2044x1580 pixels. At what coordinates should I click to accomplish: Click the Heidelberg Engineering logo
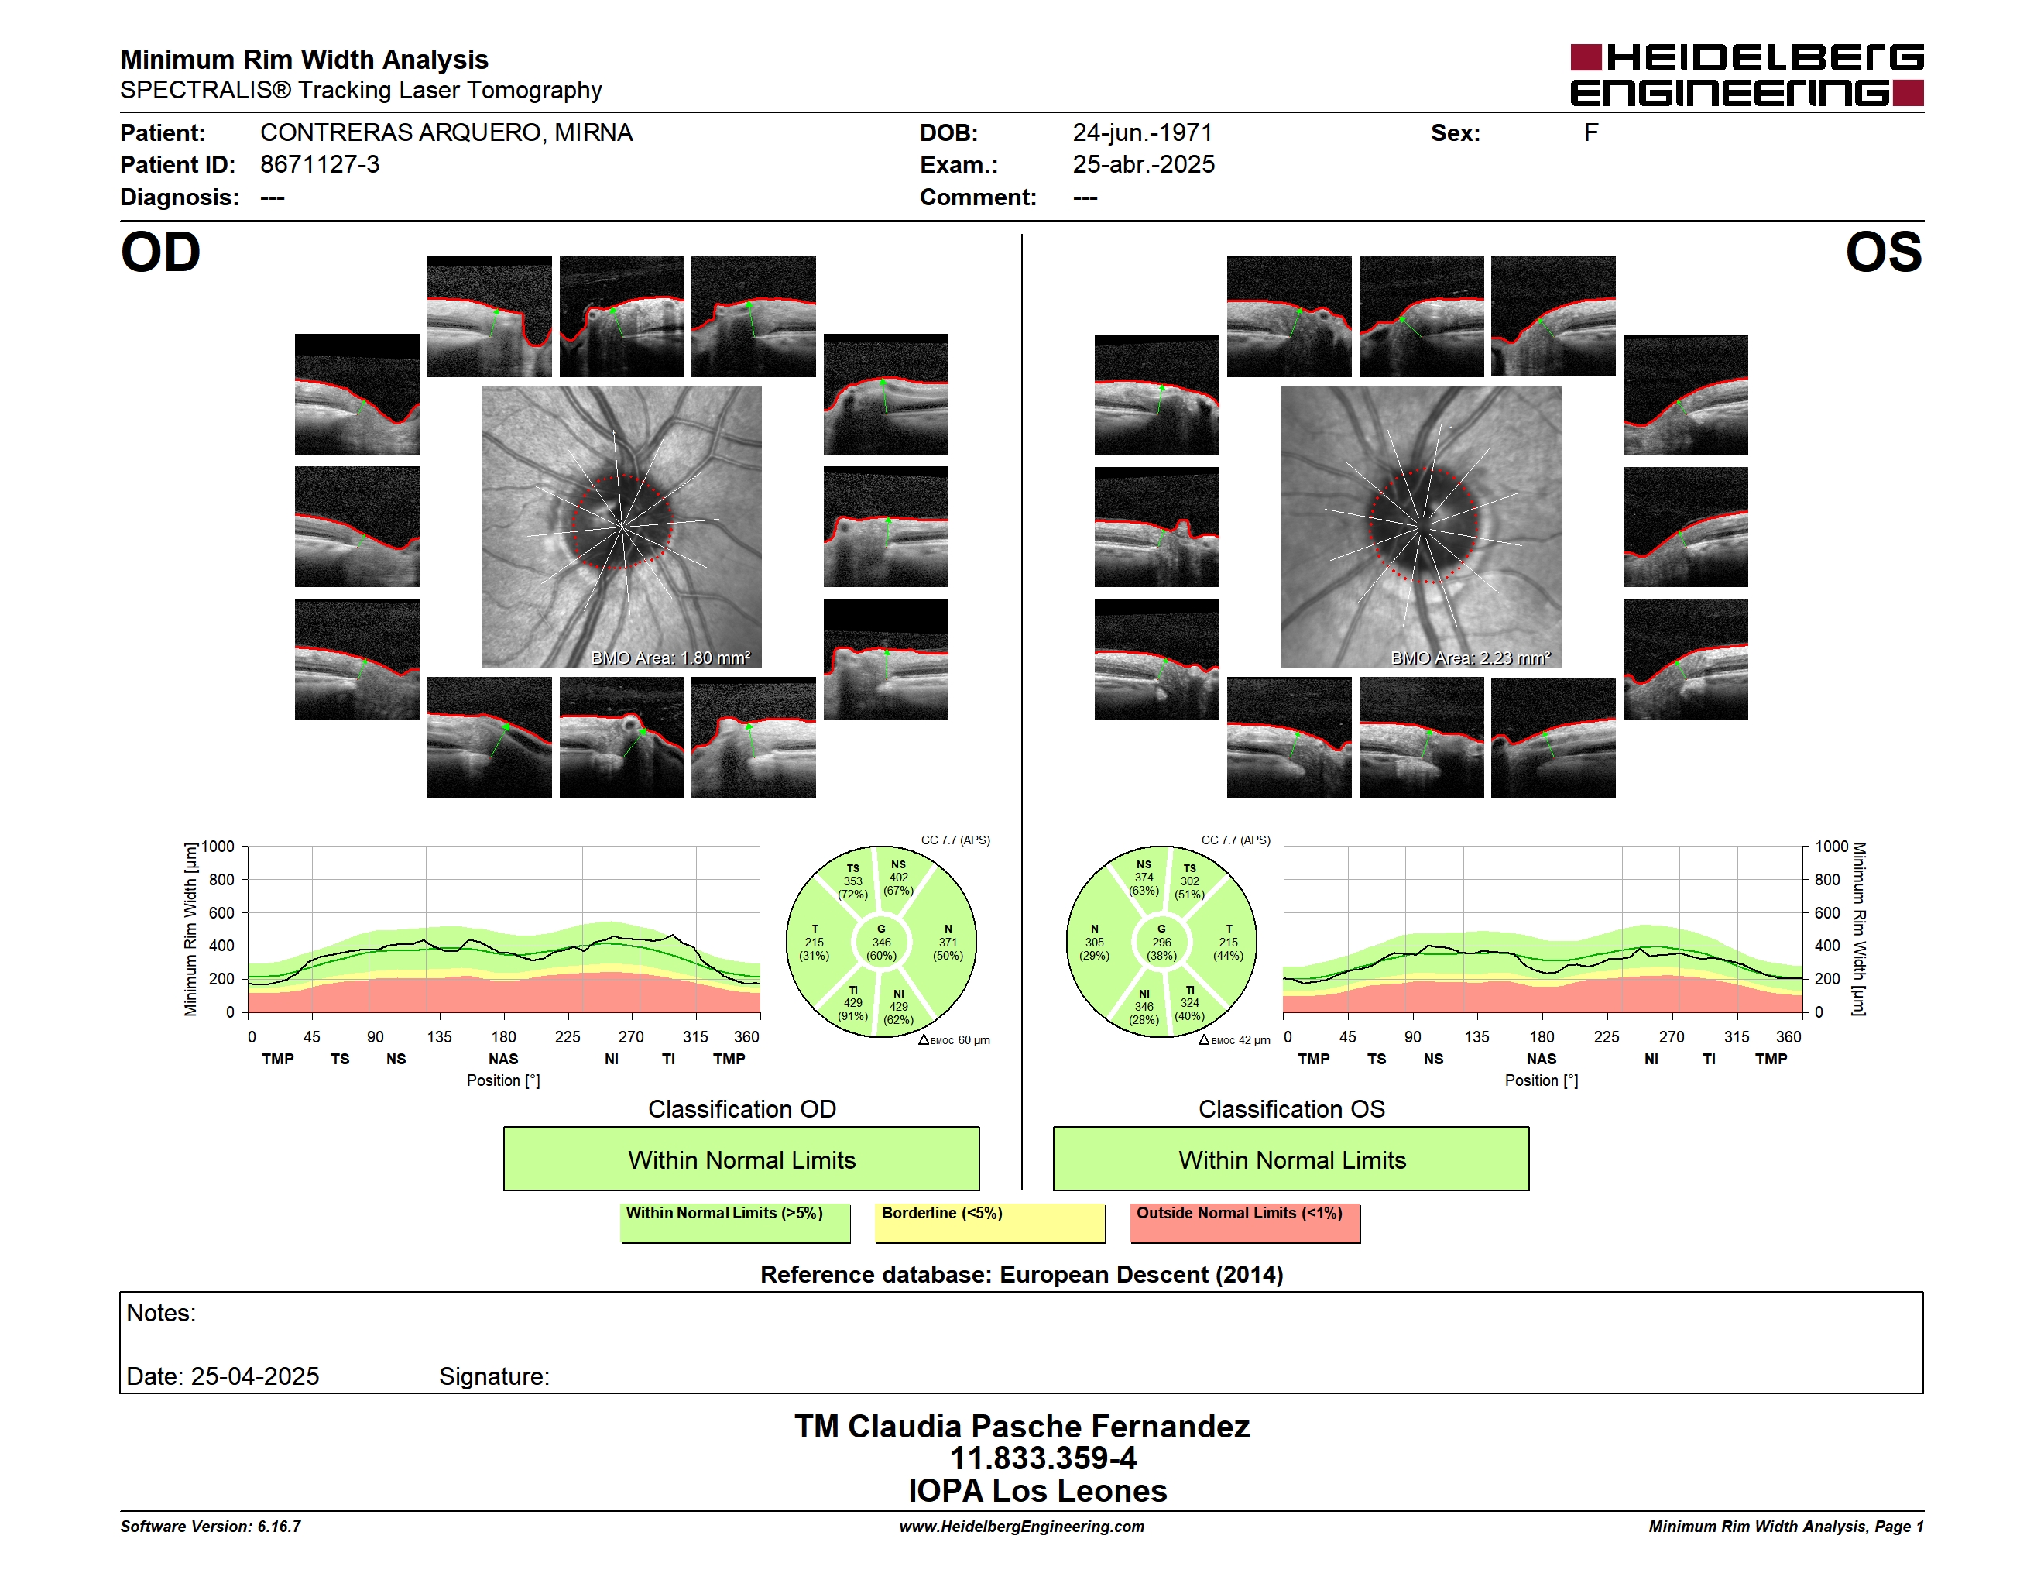click(1747, 75)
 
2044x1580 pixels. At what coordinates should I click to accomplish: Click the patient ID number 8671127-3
click(320, 165)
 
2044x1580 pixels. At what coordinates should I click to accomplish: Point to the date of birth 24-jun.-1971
click(1142, 133)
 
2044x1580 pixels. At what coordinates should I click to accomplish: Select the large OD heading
click(161, 252)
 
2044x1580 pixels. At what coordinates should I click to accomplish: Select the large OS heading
click(1883, 252)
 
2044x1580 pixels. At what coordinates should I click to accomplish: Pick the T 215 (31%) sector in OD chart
click(815, 943)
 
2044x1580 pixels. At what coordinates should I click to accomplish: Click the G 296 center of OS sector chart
click(1161, 943)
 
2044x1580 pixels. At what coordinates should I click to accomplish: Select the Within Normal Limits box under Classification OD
click(741, 1159)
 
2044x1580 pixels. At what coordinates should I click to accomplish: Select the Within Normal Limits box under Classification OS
click(1291, 1159)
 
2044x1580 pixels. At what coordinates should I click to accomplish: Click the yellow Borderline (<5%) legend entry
click(990, 1222)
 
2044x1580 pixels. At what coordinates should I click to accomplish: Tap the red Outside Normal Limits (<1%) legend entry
click(1245, 1222)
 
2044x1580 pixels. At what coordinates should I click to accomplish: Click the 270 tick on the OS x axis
click(1672, 1036)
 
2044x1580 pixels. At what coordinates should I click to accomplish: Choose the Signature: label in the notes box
click(494, 1376)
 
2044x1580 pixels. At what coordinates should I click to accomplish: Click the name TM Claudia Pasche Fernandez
click(1022, 1426)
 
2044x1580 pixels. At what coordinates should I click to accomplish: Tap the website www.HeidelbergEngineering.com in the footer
click(1022, 1527)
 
